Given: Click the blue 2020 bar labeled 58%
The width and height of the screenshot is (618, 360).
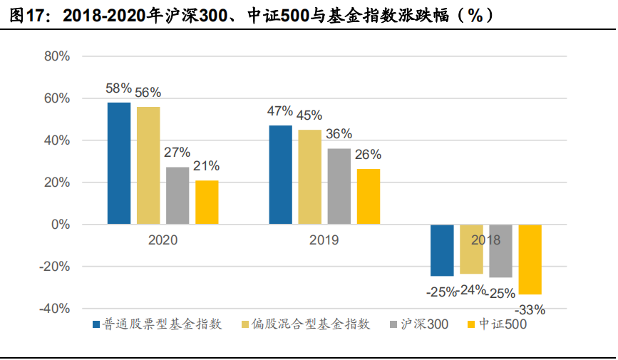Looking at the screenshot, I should coord(119,163).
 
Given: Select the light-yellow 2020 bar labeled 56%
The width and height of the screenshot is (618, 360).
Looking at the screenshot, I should coord(148,165).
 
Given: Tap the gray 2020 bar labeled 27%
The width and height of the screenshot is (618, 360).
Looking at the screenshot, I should coord(177,195).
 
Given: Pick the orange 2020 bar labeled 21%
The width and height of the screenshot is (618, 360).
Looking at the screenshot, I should coord(207,202).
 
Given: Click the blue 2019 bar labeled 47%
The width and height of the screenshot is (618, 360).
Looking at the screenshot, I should coord(280,175).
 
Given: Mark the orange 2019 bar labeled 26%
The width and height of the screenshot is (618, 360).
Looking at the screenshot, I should coord(368,197).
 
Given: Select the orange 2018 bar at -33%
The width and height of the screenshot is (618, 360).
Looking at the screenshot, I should coord(530,259).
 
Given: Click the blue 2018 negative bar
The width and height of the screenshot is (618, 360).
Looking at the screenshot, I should coord(442,250).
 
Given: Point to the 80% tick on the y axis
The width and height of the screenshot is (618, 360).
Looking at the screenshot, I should coord(56,56).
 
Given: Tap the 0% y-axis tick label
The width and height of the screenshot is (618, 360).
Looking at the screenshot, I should coord(60,225).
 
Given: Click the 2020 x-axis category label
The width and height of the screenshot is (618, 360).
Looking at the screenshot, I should coord(163,240).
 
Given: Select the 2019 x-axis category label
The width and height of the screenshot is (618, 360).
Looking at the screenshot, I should coord(324,240).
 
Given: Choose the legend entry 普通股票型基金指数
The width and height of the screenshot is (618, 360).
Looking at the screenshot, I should coord(158,324).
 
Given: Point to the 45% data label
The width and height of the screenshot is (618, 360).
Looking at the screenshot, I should coord(310,115).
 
